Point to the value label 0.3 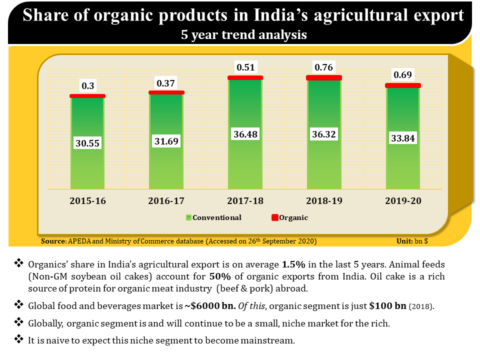point(87,85)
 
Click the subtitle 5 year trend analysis point(240,35)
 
